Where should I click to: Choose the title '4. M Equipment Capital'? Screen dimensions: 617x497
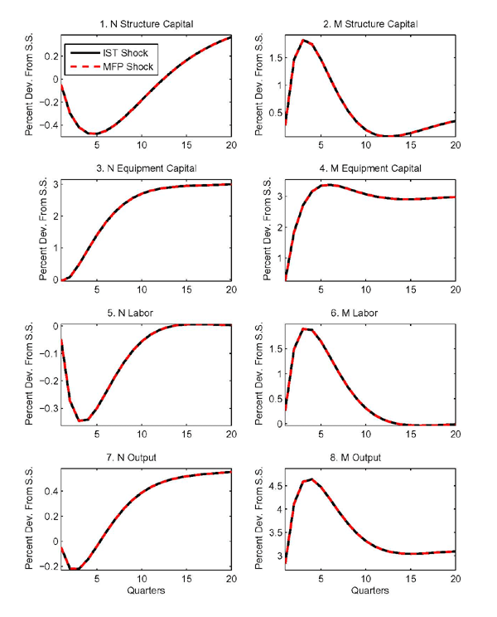tap(369, 168)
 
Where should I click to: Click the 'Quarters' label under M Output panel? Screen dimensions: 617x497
tap(369, 592)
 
